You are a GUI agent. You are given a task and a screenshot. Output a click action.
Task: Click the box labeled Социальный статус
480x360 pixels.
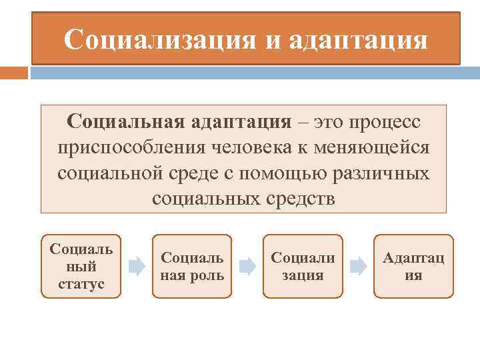[81, 266]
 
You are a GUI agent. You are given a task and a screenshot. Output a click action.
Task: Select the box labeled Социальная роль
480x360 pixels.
[192, 266]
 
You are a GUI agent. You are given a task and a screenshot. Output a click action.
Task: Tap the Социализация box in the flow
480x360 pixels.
[303, 266]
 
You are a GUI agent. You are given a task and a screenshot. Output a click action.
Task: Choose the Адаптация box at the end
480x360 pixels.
[413, 266]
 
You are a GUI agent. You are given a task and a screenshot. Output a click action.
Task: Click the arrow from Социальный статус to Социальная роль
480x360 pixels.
[137, 267]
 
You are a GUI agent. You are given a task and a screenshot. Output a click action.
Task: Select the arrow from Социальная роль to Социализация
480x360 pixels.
[247, 267]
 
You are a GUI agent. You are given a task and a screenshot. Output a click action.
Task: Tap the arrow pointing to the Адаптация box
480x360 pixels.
[358, 267]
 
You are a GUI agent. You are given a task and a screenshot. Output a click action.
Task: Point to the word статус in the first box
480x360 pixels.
[81, 283]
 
